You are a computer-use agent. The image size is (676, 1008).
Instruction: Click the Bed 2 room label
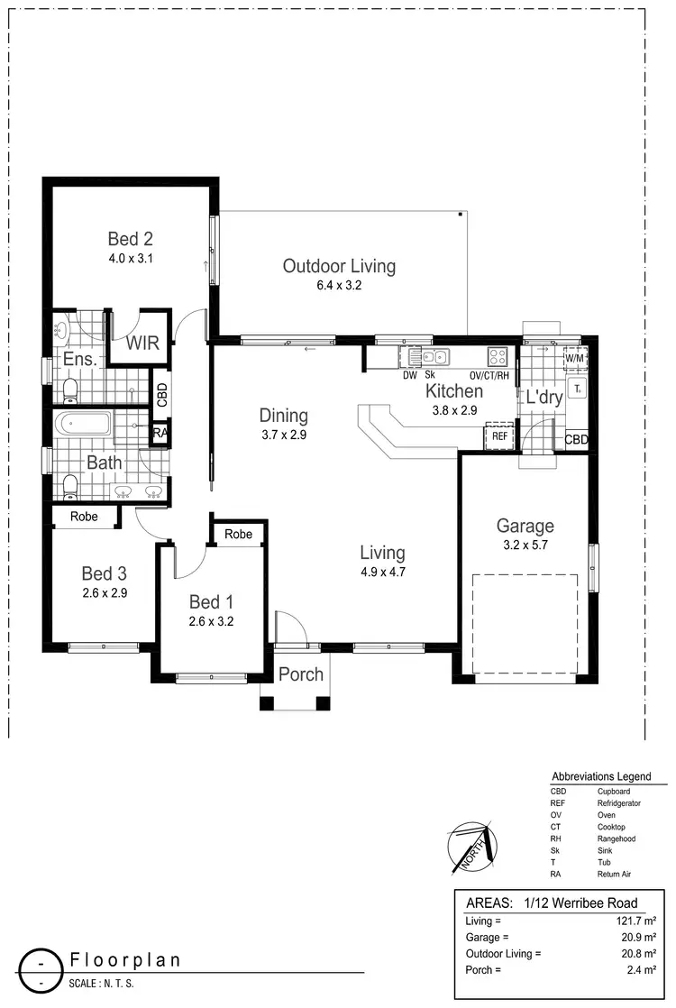[x=131, y=239]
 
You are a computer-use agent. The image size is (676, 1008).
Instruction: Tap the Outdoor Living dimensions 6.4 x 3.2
[x=339, y=286]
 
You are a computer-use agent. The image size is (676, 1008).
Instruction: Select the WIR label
[x=142, y=344]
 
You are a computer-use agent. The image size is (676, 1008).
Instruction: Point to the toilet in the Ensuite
[x=69, y=389]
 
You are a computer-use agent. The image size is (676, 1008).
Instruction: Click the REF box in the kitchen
[x=498, y=436]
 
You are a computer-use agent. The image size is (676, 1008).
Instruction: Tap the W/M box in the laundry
[x=574, y=359]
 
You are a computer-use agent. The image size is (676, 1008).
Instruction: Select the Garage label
[x=525, y=526]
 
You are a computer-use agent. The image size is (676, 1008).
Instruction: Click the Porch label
[x=300, y=674]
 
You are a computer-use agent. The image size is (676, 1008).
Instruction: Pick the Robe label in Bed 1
[x=239, y=535]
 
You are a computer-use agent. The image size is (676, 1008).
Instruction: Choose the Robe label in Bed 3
[x=86, y=517]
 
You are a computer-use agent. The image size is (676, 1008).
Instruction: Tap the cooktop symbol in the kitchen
[x=498, y=355]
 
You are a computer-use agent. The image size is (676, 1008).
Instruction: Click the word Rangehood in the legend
[x=617, y=838]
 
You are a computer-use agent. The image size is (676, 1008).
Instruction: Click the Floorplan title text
[x=125, y=959]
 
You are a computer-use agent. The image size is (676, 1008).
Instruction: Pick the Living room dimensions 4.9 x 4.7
[x=382, y=571]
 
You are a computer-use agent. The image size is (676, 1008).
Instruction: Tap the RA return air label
[x=160, y=434]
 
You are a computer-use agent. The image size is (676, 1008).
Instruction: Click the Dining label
[x=284, y=416]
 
